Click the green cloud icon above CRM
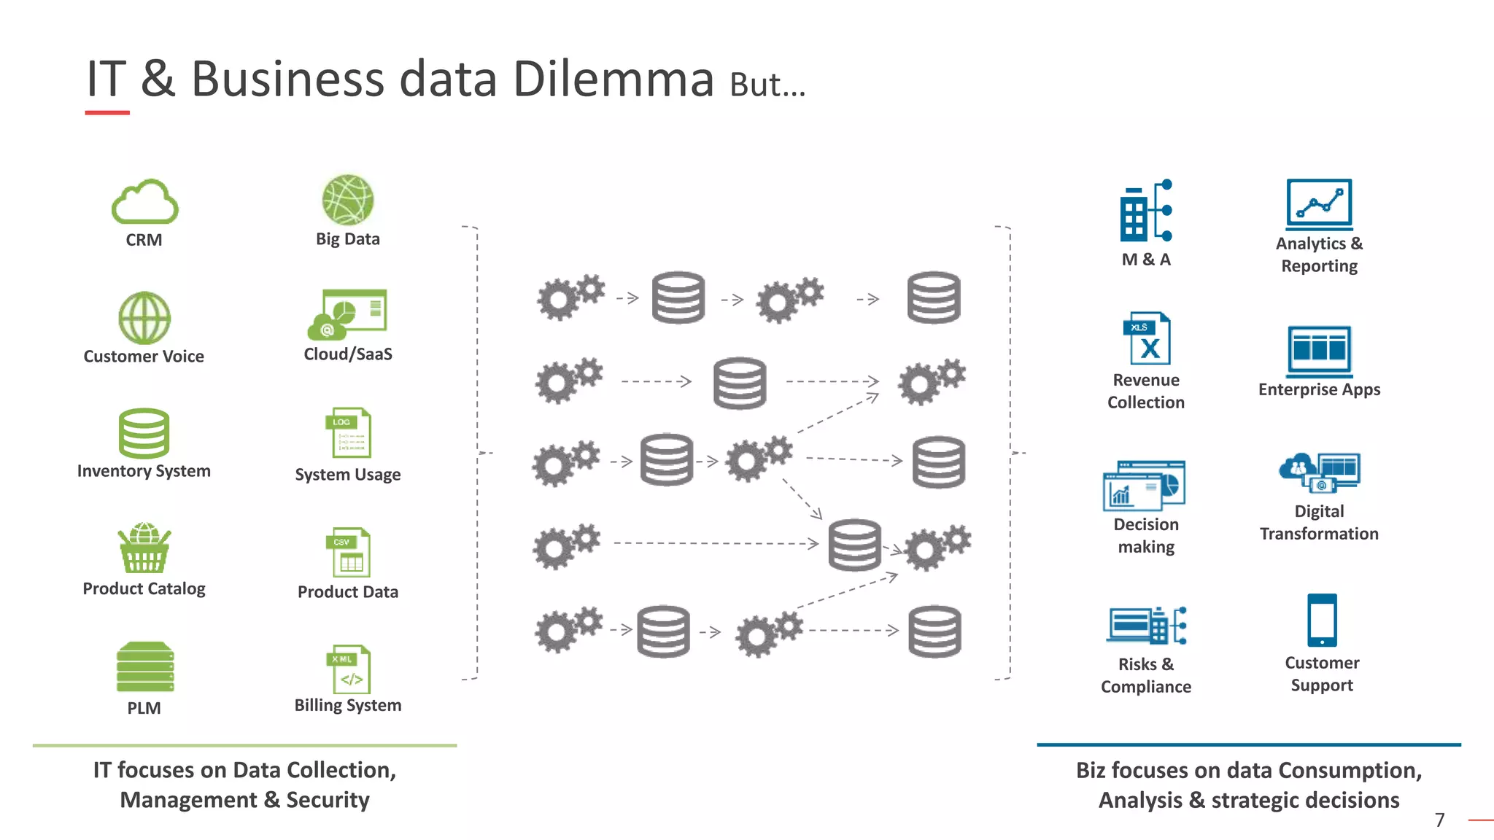(144, 202)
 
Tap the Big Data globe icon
(348, 200)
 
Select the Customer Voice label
(144, 357)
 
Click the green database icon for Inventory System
(144, 433)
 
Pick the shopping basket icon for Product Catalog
(144, 548)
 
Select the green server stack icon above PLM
(145, 666)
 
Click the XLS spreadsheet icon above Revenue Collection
(1147, 339)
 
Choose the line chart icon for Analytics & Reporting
(1319, 204)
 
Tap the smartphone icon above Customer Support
(1322, 620)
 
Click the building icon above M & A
(1145, 211)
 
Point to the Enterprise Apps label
(1319, 389)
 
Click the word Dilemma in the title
(614, 79)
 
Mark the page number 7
(1439, 820)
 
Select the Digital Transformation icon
(1320, 472)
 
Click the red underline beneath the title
(107, 112)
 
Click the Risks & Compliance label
(1145, 675)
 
